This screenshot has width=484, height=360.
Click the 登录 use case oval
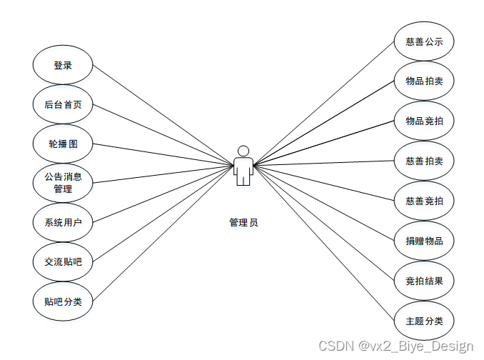pos(63,65)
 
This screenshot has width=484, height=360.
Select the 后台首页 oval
pos(63,104)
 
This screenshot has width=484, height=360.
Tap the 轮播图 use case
pos(63,144)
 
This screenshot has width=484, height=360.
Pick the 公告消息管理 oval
pos(63,183)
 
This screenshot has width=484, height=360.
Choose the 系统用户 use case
pos(63,223)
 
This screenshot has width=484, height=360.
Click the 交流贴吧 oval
pos(63,262)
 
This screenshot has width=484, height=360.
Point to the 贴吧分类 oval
pos(63,301)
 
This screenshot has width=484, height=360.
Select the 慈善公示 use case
pos(424,41)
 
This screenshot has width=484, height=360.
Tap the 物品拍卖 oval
pos(424,81)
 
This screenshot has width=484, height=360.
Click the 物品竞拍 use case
pos(424,121)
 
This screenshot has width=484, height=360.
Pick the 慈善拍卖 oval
pos(424,161)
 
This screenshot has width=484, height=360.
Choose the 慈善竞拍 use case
pos(424,201)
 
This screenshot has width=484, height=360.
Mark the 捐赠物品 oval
pos(424,241)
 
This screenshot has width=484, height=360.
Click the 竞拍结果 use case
pos(424,281)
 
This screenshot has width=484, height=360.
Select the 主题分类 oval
pos(424,321)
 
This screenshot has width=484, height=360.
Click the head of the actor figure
pos(243,151)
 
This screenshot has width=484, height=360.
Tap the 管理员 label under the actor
pos(243,223)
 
